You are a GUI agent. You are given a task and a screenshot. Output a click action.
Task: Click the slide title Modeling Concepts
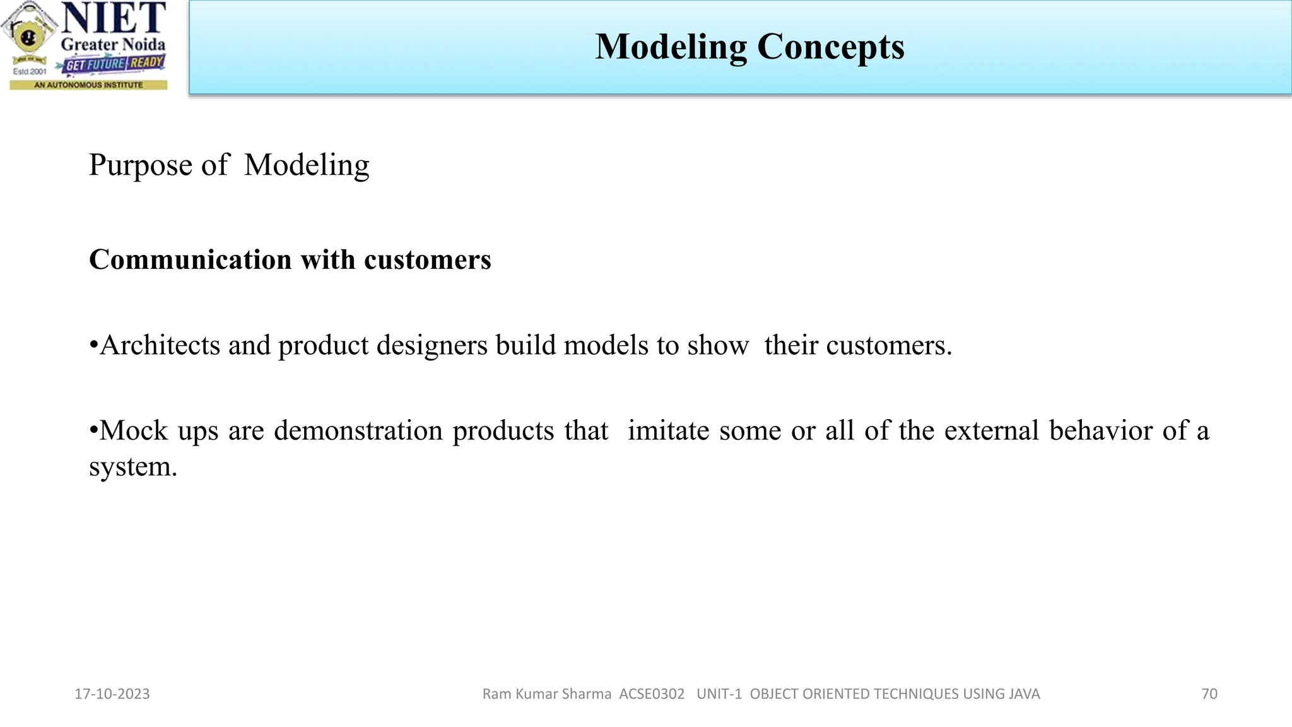[x=749, y=47]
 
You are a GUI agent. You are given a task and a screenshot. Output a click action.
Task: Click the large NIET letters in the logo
[x=114, y=18]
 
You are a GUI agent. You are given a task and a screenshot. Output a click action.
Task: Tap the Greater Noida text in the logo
[x=113, y=45]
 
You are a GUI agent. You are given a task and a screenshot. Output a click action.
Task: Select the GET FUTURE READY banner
[x=114, y=64]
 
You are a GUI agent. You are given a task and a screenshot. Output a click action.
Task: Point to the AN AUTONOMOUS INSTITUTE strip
[x=88, y=85]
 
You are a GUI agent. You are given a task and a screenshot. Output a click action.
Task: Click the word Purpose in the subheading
[x=140, y=165]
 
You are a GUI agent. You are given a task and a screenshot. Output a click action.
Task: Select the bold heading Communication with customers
[x=290, y=260]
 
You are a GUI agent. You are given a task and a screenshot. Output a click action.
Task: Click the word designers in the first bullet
[x=432, y=345]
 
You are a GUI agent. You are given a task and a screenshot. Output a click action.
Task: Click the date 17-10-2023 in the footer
[x=112, y=694]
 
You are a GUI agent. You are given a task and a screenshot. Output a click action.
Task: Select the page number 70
[x=1209, y=694]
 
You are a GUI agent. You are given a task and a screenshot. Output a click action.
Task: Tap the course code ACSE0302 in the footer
[x=652, y=694]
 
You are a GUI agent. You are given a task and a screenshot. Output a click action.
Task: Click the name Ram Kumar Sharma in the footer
[x=546, y=694]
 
